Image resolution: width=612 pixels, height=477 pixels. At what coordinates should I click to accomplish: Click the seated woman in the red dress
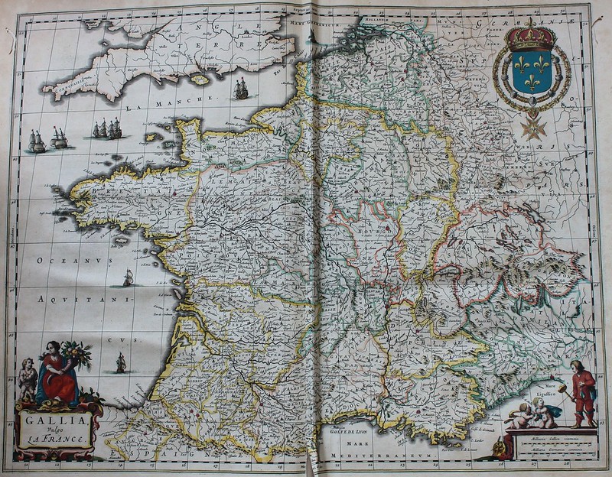(x=59, y=372)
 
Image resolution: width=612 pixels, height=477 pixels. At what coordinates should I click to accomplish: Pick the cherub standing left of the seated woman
(x=28, y=377)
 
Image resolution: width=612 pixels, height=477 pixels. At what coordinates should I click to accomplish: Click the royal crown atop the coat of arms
(x=532, y=35)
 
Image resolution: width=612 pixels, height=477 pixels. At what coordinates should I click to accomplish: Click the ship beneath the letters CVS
(x=121, y=363)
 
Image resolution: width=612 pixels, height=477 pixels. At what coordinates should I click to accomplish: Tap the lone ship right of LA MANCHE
(x=242, y=90)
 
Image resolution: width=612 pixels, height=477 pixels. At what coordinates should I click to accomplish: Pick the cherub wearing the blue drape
(x=545, y=414)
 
